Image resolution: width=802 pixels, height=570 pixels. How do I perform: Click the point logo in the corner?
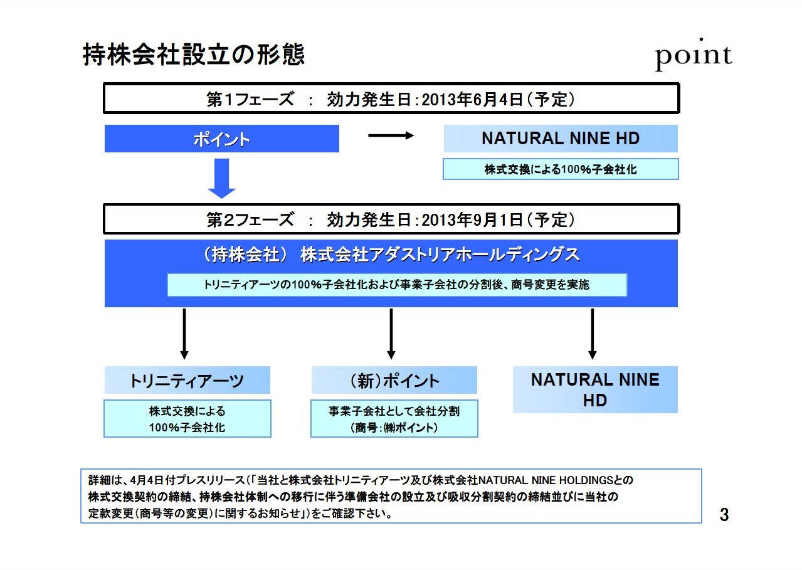tap(694, 55)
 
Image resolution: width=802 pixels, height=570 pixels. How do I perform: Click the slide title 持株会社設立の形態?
tap(194, 55)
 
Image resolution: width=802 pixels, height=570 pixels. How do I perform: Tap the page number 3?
tap(724, 515)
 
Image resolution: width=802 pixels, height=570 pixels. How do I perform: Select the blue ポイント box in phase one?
tap(221, 139)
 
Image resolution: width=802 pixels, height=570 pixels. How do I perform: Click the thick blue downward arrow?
tap(221, 179)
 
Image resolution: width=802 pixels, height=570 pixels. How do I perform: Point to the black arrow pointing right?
tap(391, 135)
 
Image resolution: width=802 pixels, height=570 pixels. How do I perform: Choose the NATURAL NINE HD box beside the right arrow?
tap(561, 139)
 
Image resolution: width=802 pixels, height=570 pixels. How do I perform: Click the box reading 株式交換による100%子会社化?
tap(561, 169)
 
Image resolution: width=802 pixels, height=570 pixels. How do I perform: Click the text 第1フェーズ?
tap(250, 99)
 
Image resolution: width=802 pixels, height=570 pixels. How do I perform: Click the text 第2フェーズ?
tap(250, 219)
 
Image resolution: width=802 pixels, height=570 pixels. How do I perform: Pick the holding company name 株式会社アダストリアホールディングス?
tap(440, 255)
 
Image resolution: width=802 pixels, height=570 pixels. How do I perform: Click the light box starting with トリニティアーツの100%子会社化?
tap(397, 285)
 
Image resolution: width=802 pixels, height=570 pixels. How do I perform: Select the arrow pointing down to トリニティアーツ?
tap(184, 334)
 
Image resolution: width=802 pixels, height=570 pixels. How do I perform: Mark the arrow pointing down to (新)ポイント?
tap(391, 334)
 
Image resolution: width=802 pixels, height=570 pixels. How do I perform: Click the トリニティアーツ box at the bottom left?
tap(187, 380)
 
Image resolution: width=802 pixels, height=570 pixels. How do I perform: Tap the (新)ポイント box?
tap(394, 380)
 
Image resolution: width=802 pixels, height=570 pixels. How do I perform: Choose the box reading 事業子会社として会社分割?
tap(394, 418)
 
